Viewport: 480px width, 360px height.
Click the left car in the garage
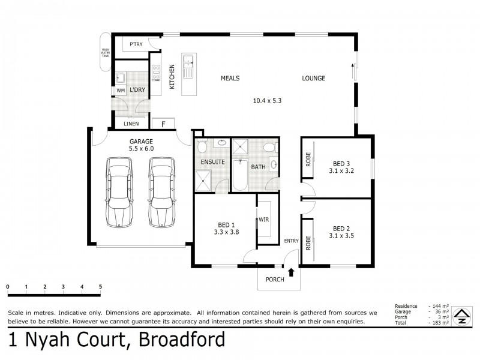119,192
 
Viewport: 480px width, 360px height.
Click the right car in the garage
161,192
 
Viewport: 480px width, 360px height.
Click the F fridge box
162,124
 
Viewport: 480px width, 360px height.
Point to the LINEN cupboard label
131,124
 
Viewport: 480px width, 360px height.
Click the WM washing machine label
120,91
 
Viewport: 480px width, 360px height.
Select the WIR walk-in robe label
263,220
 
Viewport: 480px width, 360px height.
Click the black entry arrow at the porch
291,273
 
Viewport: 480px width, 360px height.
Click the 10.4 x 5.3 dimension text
267,101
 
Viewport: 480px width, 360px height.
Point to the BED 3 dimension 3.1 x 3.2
341,171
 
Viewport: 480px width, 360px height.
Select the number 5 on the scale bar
100,287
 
